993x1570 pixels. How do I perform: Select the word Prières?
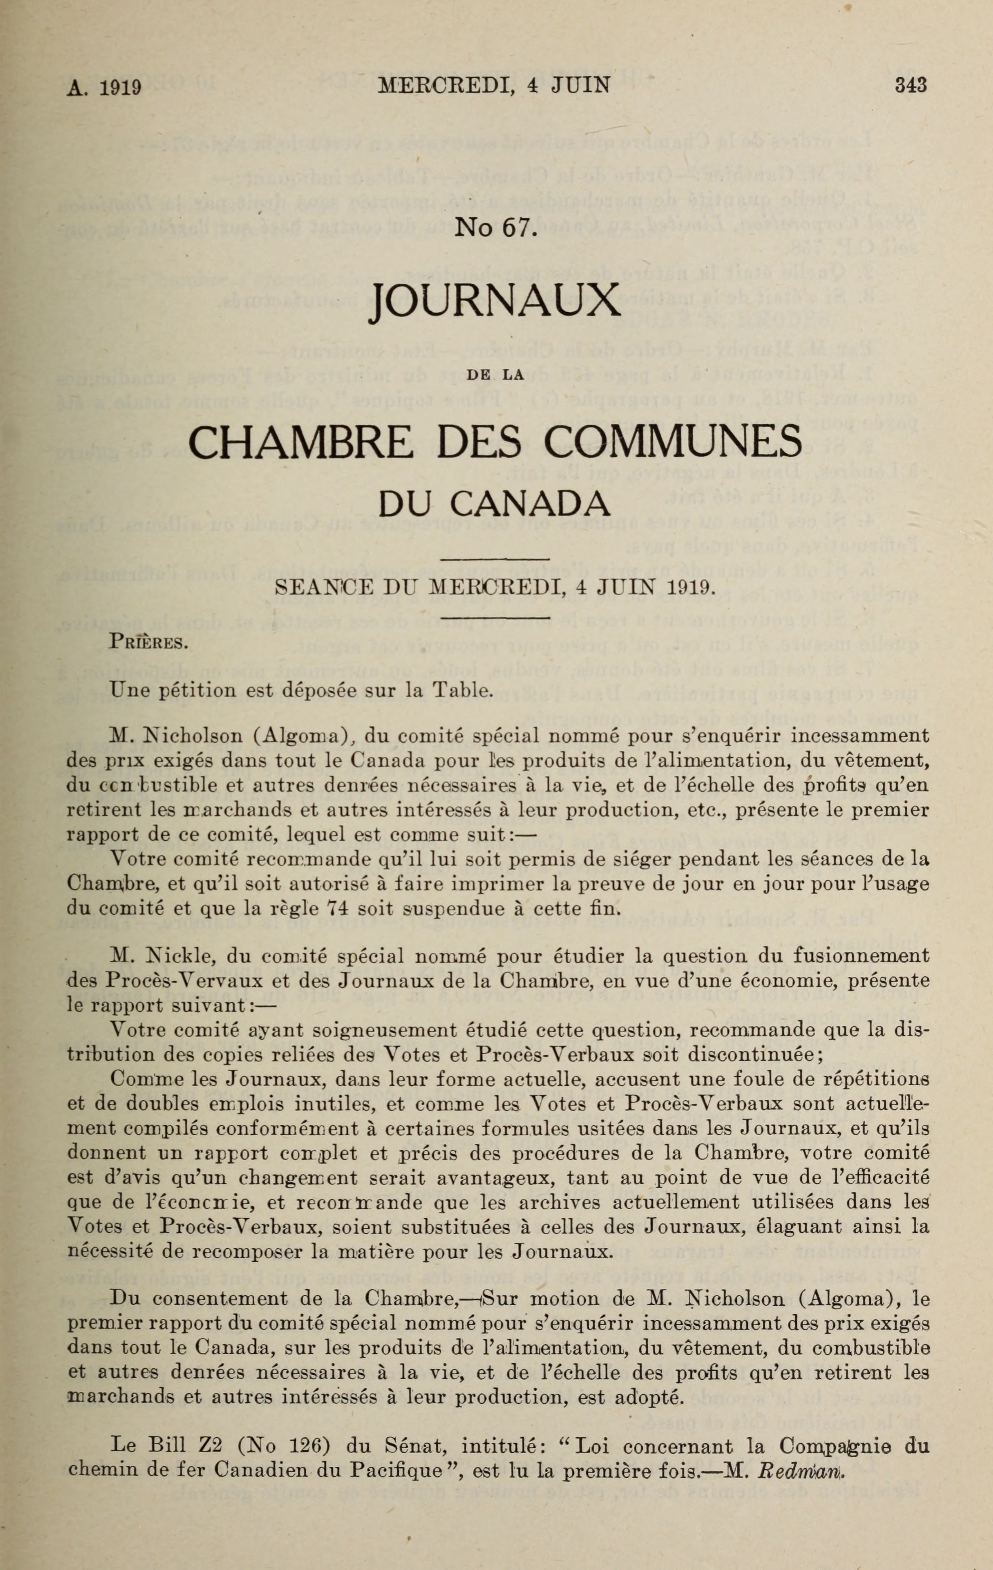pyautogui.click(x=150, y=644)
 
